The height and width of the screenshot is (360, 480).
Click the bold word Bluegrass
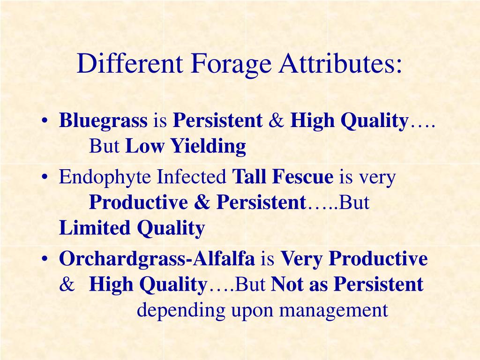(x=103, y=122)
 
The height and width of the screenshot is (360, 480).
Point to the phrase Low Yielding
(x=186, y=147)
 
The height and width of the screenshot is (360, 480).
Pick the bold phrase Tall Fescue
(x=283, y=178)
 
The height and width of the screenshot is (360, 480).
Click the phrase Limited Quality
(x=132, y=228)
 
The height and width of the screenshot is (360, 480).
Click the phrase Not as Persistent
(x=347, y=285)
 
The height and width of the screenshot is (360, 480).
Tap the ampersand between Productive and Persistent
(x=202, y=203)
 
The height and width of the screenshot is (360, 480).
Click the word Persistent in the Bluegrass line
(x=217, y=122)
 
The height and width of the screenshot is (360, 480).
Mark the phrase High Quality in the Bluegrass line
(x=350, y=122)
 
